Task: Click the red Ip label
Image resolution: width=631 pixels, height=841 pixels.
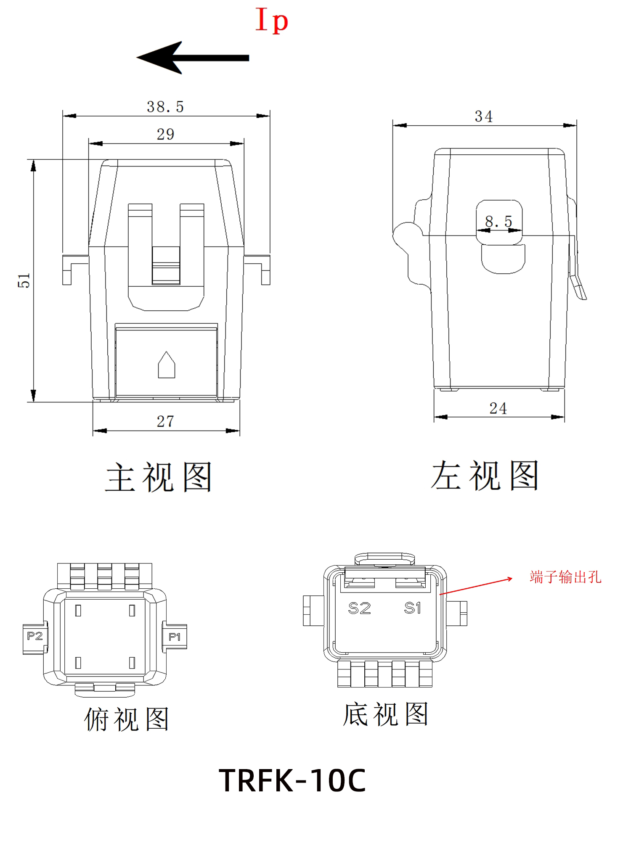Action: click(272, 20)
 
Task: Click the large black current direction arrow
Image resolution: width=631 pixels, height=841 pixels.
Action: click(193, 58)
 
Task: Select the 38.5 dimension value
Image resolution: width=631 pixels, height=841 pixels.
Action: click(165, 107)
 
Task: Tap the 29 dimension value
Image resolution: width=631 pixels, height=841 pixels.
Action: click(165, 134)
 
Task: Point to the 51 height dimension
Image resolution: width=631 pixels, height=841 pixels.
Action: click(24, 280)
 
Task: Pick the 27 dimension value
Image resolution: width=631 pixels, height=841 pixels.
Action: click(165, 421)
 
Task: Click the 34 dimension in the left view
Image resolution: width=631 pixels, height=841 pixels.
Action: click(484, 116)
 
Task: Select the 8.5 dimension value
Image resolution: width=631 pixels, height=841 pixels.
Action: click(498, 221)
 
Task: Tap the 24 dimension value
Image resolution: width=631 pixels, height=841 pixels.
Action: click(498, 408)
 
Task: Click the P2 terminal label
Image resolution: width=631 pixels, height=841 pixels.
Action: click(35, 636)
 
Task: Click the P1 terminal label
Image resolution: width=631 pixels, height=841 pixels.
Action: click(175, 637)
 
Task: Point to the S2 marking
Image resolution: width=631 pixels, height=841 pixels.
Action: click(360, 608)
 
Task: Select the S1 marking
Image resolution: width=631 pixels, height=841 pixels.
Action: click(412, 608)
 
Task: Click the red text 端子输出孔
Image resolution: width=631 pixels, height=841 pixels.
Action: click(565, 577)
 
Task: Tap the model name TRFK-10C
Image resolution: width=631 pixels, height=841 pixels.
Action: click(292, 780)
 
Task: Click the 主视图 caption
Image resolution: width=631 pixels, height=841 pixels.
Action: click(159, 477)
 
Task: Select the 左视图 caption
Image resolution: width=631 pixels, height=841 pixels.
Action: click(485, 476)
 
